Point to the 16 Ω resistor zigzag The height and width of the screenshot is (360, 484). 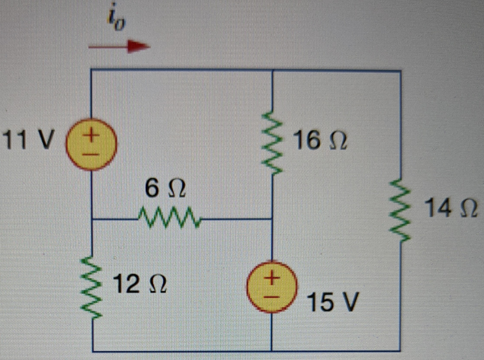pos(272,142)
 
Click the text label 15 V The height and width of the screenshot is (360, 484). pos(333,301)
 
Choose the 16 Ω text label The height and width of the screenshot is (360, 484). pos(320,140)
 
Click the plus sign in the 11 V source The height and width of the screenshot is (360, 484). pos(93,136)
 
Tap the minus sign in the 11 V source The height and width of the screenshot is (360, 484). pos(93,154)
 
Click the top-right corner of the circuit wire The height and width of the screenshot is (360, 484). pos(400,71)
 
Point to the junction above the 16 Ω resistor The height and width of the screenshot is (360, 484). pos(272,71)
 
